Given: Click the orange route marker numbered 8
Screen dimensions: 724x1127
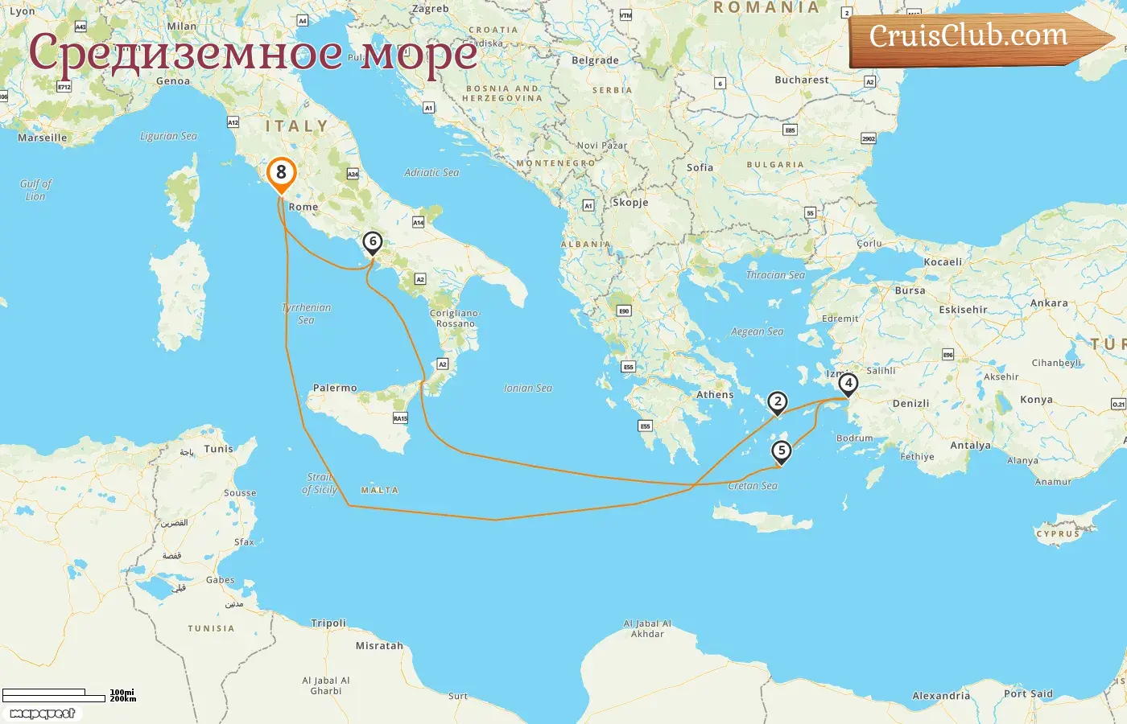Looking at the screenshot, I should pyautogui.click(x=281, y=172).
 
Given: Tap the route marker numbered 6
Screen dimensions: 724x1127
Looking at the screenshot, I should pyautogui.click(x=372, y=241).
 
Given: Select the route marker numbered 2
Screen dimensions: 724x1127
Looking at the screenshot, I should pyautogui.click(x=777, y=401).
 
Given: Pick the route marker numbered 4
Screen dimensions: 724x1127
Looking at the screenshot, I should pyautogui.click(x=848, y=384).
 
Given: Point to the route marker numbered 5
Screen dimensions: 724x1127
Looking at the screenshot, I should pyautogui.click(x=781, y=450).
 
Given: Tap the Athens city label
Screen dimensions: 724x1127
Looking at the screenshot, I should pyautogui.click(x=715, y=395).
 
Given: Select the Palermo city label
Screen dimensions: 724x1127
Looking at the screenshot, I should pyautogui.click(x=335, y=388).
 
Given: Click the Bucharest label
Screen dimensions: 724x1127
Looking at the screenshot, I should pyautogui.click(x=801, y=80).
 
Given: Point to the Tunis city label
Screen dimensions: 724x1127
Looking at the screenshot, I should pyautogui.click(x=218, y=449).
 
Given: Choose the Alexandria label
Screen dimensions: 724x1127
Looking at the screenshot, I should pyautogui.click(x=941, y=696).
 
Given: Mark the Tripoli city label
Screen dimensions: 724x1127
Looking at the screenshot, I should pyautogui.click(x=328, y=623).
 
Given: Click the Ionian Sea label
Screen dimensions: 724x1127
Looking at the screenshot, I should pyautogui.click(x=528, y=388).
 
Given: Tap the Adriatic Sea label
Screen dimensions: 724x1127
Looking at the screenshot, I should pyautogui.click(x=431, y=172).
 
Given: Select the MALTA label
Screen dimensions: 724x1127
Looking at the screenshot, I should pyautogui.click(x=379, y=490).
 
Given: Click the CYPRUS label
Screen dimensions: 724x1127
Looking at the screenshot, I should pyautogui.click(x=1058, y=534).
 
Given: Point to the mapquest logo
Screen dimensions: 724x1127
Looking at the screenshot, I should pyautogui.click(x=43, y=714).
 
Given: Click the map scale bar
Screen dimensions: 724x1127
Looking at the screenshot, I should pyautogui.click(x=55, y=696).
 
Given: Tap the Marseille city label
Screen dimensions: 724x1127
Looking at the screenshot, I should pyautogui.click(x=43, y=138).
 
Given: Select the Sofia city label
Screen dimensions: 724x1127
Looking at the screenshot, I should pyautogui.click(x=700, y=167).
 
